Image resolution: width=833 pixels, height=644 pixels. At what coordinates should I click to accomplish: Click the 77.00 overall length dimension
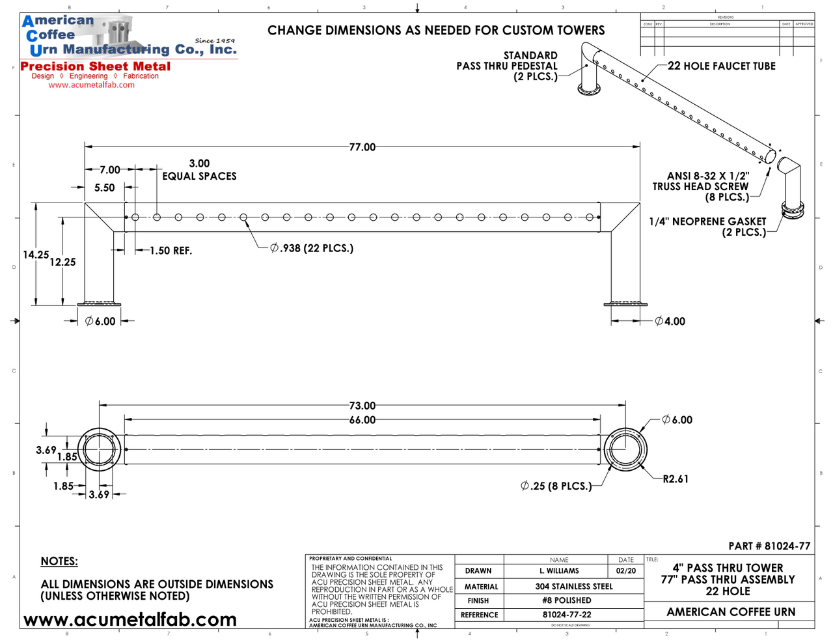click(362, 147)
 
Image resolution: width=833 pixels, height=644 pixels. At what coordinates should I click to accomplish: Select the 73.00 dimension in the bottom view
click(362, 406)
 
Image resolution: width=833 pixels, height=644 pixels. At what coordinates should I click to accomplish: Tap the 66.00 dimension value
click(362, 420)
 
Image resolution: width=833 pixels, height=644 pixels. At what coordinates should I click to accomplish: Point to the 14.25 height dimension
click(36, 255)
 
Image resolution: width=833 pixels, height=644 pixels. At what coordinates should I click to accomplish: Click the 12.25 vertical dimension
click(62, 262)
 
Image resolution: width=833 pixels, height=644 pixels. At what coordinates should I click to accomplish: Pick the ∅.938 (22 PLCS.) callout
click(312, 248)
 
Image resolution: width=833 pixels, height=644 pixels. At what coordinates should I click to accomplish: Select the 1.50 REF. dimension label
click(171, 251)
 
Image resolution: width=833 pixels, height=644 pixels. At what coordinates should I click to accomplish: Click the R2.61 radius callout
click(676, 479)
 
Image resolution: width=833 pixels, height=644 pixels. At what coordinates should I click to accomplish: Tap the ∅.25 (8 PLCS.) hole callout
click(556, 486)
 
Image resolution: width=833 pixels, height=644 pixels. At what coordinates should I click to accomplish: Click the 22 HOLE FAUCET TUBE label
click(722, 66)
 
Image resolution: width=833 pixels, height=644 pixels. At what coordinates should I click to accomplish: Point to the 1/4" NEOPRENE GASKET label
click(707, 221)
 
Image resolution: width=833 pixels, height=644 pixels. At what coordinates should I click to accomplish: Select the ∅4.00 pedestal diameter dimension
click(670, 321)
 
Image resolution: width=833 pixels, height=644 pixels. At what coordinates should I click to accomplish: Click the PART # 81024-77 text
click(769, 546)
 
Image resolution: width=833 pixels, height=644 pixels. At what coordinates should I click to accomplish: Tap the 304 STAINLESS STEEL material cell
click(574, 587)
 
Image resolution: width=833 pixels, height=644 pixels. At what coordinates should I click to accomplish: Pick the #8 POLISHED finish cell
click(567, 600)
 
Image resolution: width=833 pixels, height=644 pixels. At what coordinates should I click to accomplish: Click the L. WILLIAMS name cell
click(559, 571)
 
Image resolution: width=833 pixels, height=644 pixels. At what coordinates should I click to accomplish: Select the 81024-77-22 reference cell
click(567, 615)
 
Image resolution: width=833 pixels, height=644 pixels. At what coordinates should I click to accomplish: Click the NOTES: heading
click(59, 561)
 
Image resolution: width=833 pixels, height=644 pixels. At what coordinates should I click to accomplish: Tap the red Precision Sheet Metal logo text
click(96, 66)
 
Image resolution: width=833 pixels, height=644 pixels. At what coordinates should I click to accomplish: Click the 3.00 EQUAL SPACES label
click(199, 170)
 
